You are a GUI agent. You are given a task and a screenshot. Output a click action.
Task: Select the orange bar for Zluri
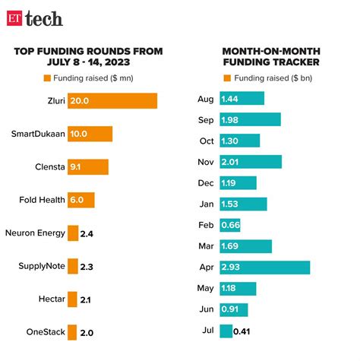[x=112, y=101]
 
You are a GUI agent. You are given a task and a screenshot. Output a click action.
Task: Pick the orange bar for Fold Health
[x=81, y=201]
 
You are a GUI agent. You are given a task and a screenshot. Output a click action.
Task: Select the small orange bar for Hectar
[x=72, y=299]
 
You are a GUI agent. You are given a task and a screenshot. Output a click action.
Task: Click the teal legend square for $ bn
[x=227, y=78]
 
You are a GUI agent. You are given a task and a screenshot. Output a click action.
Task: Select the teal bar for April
[x=264, y=268]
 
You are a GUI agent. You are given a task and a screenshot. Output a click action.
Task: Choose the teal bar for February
[x=232, y=225]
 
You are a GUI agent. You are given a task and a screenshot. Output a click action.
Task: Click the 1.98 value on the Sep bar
[x=231, y=119]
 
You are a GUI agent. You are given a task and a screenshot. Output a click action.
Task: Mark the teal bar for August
[x=242, y=99]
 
